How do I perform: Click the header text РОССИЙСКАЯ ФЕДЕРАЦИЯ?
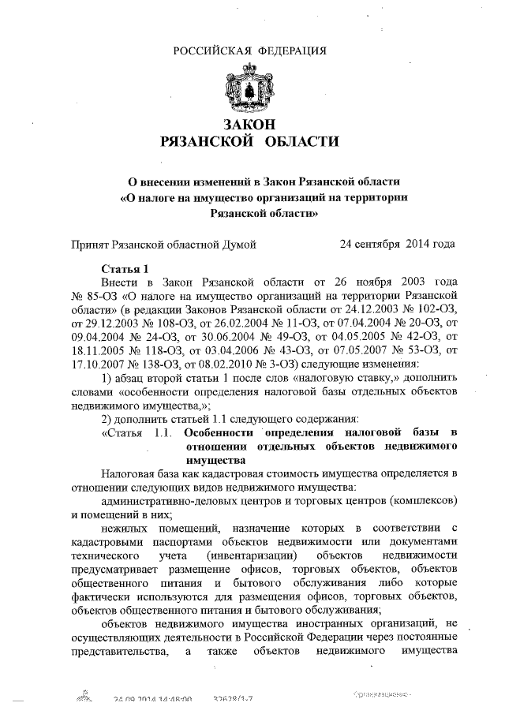pos(250,51)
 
